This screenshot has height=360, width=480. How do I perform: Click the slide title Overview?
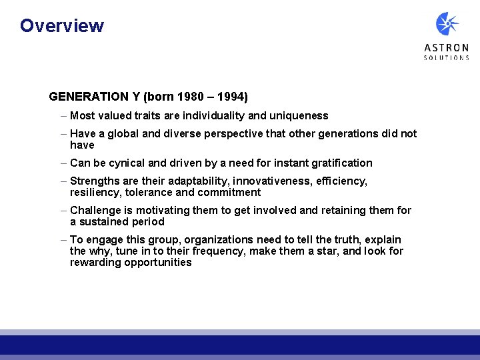coord(62,26)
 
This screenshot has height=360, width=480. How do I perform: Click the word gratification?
coord(341,163)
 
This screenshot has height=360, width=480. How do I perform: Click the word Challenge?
coord(95,210)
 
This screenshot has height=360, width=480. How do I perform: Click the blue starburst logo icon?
coord(447,24)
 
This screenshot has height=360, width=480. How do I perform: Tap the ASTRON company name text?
coord(447,48)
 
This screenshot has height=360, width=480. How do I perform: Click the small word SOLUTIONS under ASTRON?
coord(447,58)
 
